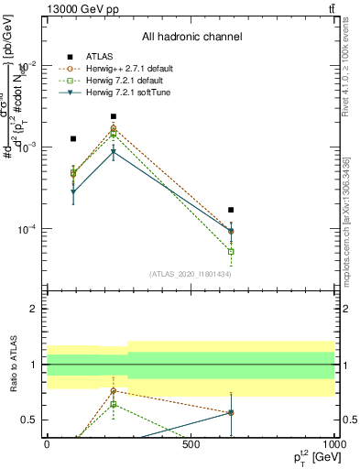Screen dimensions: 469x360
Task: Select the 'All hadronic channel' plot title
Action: tap(191, 38)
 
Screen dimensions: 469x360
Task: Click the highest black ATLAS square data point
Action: tap(113, 117)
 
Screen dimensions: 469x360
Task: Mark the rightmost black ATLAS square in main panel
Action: tap(231, 210)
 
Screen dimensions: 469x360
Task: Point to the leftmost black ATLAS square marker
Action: tap(73, 138)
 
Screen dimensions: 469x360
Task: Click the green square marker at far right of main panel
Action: tap(231, 251)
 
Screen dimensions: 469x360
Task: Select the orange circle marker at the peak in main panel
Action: tap(113, 130)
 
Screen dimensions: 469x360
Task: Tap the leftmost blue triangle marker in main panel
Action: tap(73, 192)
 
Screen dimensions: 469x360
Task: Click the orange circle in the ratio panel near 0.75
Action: tap(113, 391)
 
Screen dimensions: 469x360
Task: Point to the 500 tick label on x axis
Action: tap(191, 444)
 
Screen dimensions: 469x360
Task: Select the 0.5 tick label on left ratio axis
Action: tap(31, 420)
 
